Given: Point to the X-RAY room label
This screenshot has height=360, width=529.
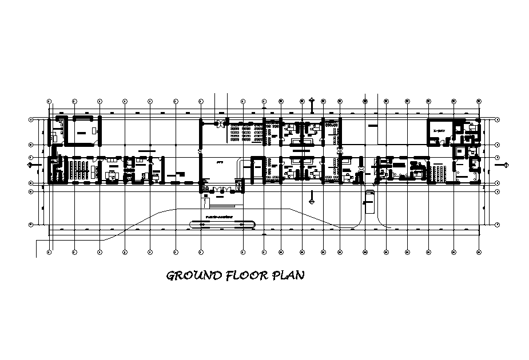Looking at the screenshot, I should click(x=439, y=131).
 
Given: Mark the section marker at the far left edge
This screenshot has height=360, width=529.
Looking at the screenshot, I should click(x=30, y=165).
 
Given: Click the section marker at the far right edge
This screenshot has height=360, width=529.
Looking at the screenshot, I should click(x=506, y=165).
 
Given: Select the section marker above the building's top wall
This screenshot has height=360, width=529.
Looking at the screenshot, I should click(x=312, y=103).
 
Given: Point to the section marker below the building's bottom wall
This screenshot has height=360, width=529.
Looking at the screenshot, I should click(x=312, y=200).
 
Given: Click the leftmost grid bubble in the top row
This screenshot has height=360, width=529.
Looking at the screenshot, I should click(x=49, y=101).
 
